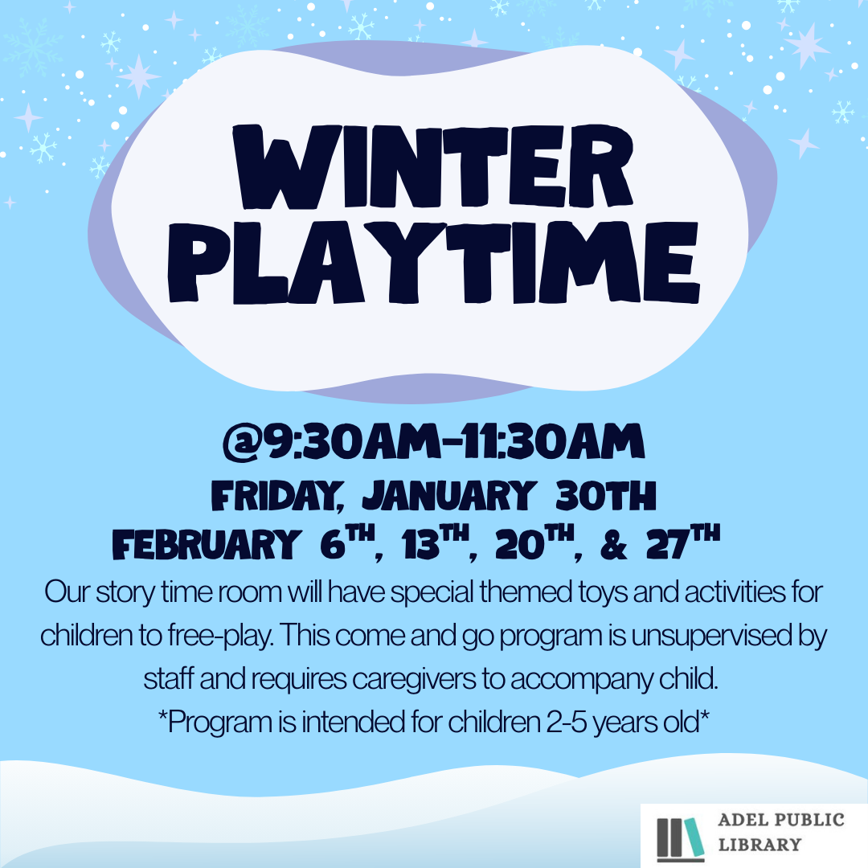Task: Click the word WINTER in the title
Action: point(433,166)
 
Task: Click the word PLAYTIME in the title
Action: point(433,262)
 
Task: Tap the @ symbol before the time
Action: point(243,442)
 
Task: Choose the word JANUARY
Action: point(449,495)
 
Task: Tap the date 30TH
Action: point(606,495)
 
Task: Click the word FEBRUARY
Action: point(207,543)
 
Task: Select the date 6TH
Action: point(347,542)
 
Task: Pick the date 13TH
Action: point(436,542)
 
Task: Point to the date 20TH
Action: point(534,542)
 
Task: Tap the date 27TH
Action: point(683,542)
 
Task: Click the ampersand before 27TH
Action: point(613,544)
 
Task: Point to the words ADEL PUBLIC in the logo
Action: point(781,819)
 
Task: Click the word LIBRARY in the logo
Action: point(760,845)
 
